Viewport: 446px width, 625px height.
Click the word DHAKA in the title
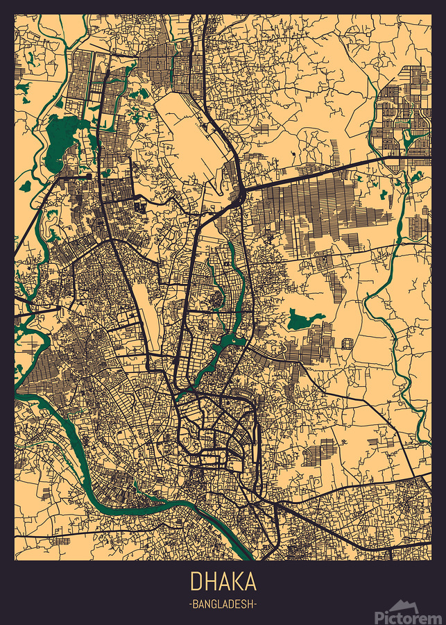(x=223, y=581)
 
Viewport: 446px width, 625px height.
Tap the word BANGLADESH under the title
(x=223, y=604)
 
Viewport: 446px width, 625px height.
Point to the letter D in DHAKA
(x=196, y=581)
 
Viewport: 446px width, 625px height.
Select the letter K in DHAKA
(x=236, y=581)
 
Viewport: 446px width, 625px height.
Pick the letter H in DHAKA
(x=209, y=581)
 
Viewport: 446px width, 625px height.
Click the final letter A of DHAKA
(x=250, y=581)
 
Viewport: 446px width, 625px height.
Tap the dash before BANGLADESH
(x=190, y=605)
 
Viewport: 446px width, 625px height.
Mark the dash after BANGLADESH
(x=256, y=605)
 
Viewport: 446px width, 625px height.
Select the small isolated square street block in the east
(x=346, y=343)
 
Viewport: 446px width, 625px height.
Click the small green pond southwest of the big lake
(x=26, y=186)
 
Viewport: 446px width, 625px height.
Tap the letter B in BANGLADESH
(x=196, y=605)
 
